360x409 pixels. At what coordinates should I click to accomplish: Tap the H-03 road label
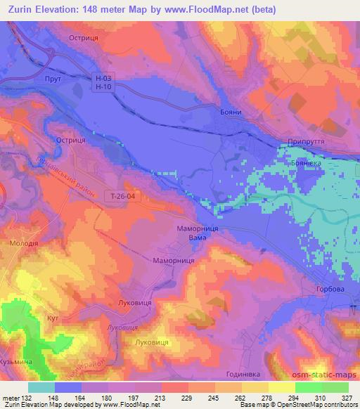103,77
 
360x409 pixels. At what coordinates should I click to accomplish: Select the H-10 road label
103,86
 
